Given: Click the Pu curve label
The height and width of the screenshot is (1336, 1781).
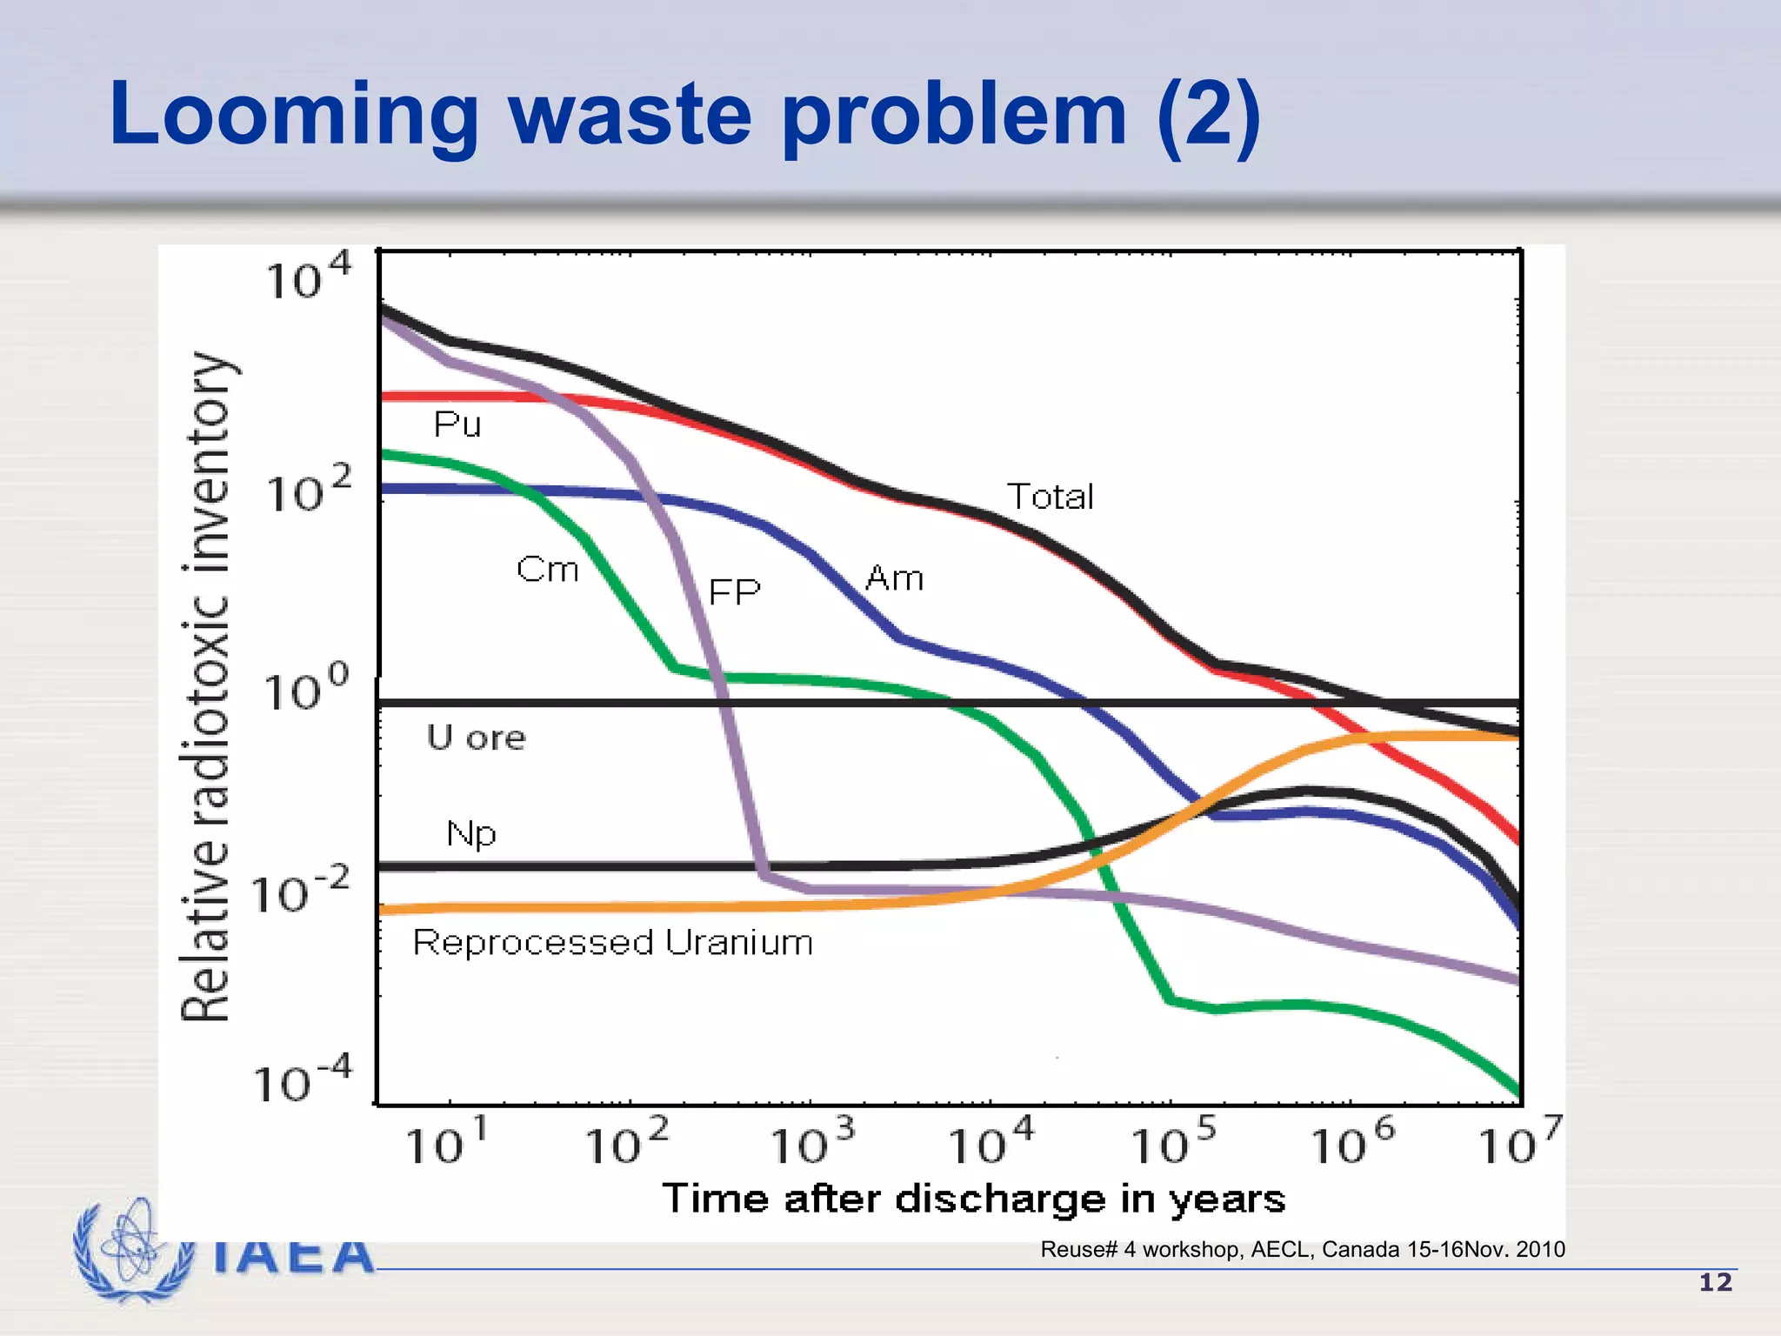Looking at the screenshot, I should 457,424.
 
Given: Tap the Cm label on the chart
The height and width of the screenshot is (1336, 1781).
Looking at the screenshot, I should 547,570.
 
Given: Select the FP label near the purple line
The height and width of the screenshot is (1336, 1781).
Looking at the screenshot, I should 734,592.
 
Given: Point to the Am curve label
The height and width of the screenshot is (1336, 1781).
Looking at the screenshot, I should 894,578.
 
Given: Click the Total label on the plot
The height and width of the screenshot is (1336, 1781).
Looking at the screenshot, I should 1050,497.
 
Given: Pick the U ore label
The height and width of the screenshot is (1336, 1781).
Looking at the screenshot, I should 476,738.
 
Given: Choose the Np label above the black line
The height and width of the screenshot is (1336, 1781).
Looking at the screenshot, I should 470,833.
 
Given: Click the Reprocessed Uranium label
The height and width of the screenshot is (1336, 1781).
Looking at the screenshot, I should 612,943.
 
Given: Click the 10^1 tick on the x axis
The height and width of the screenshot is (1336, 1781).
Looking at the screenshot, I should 447,1142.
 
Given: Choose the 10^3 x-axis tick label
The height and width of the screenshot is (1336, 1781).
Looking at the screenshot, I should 813,1142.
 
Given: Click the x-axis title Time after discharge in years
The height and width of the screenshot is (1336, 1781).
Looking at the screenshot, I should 973,1199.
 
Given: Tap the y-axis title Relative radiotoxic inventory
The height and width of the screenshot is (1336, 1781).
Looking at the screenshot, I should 206,687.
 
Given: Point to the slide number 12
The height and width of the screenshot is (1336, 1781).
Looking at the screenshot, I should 1715,1282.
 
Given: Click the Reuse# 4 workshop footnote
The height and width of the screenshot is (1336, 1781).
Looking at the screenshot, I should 1302,1250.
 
